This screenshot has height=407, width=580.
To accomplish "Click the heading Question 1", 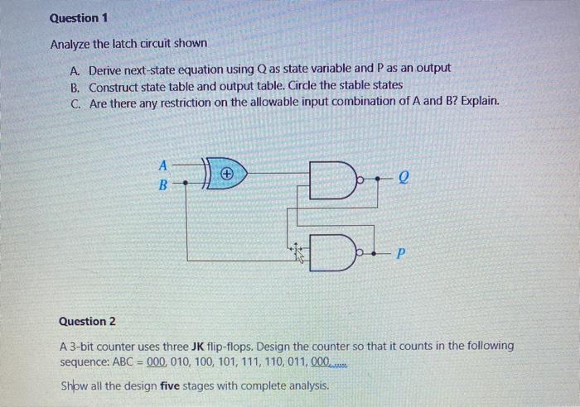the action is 79,17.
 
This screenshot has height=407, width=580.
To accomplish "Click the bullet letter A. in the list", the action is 76,69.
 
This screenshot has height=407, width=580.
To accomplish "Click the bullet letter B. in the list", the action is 76,86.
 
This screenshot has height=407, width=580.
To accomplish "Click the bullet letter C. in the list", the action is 76,102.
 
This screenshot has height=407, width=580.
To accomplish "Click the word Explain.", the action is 480,102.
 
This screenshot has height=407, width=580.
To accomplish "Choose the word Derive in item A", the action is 106,69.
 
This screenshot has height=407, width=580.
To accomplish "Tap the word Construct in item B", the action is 115,86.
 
